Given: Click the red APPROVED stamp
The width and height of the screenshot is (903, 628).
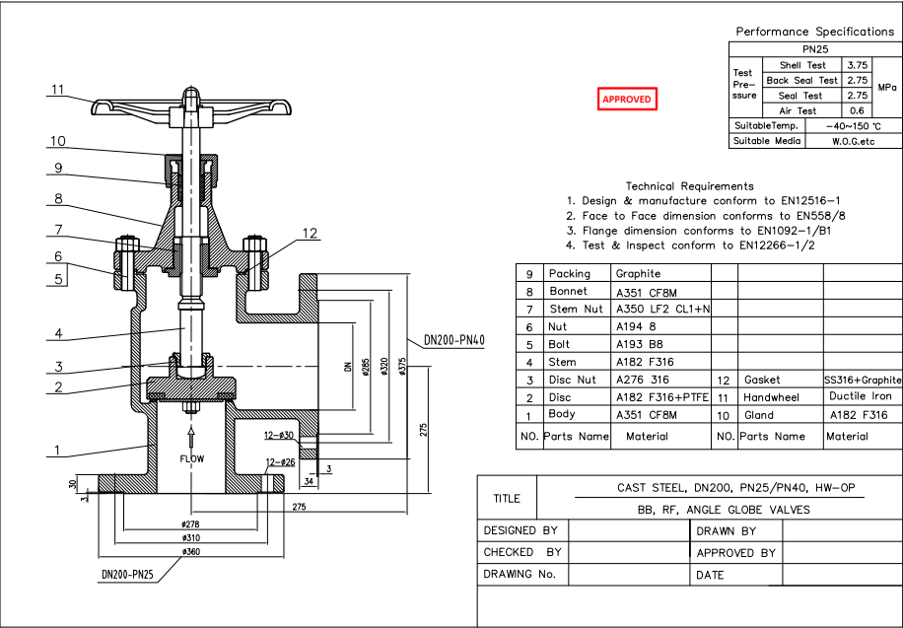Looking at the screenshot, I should pos(627,100).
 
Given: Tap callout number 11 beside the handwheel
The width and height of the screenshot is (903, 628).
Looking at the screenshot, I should pos(58,90).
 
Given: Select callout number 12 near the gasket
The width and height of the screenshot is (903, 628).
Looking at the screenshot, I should pos(311,234).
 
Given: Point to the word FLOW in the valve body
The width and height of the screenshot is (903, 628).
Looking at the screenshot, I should pos(191,459).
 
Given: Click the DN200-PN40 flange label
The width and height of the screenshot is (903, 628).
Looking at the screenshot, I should pos(454,340).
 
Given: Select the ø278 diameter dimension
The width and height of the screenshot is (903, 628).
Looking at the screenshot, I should pos(191,523).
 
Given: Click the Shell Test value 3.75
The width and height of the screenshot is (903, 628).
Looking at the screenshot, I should pos(857,65).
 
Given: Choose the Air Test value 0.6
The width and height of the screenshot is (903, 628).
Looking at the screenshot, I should pos(857,110).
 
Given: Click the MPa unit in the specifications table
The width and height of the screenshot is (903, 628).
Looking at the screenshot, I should pos(886,88).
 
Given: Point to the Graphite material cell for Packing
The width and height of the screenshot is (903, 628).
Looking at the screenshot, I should pos(638,273).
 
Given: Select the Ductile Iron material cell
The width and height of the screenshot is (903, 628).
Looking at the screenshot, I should pos(864,396).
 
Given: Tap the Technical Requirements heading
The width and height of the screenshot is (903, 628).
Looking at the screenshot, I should pos(689,185).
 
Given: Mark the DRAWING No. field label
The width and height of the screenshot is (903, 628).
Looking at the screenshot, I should pos(520,574).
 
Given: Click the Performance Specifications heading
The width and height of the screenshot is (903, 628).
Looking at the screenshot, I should pos(814,32).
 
